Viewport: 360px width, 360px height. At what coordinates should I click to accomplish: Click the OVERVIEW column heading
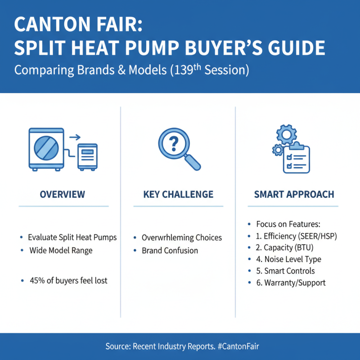(x=62, y=194)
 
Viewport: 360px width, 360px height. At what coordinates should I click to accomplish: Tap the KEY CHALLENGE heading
(x=178, y=194)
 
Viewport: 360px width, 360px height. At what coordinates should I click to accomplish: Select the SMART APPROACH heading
(x=294, y=194)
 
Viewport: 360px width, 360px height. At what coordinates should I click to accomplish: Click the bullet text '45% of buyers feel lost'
(x=68, y=281)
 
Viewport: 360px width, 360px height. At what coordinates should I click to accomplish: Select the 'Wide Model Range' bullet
(x=60, y=250)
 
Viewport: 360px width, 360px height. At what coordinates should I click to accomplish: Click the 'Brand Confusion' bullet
(x=170, y=250)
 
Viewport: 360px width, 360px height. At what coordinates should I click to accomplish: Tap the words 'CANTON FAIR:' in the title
(x=78, y=25)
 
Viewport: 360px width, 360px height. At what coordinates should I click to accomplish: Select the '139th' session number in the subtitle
(x=182, y=70)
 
